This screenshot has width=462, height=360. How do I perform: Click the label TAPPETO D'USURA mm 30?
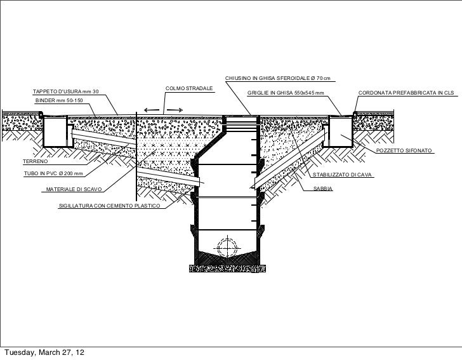66,91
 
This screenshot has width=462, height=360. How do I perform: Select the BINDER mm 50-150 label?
59,100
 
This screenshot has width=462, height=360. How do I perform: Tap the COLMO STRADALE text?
189,88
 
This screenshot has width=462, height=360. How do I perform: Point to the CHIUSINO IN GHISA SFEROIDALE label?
278,79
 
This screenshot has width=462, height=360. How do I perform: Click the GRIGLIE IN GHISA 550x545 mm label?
286,93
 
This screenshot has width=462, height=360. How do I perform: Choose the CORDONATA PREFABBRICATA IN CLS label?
406,93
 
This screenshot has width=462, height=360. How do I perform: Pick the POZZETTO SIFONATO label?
404,150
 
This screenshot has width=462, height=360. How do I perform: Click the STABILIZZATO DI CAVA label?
342,175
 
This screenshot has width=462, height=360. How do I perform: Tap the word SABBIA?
323,189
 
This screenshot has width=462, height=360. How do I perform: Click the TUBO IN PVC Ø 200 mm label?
53,174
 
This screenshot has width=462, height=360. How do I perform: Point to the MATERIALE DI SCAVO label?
74,189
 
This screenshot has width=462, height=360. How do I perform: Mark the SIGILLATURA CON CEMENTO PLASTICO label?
110,206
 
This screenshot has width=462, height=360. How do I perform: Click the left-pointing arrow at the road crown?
152,110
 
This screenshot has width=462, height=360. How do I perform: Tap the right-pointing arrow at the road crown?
175,110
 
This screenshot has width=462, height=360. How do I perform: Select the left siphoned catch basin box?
55,131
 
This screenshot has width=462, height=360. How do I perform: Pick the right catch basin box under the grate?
341,131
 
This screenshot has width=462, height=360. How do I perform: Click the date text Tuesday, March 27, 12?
44,352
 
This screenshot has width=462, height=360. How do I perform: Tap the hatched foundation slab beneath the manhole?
227,269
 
